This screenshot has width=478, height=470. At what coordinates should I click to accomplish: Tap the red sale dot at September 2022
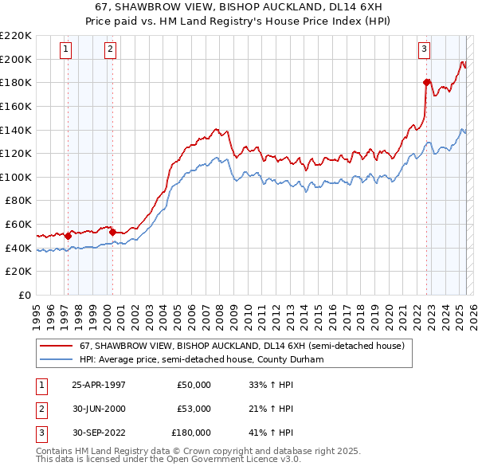(x=427, y=82)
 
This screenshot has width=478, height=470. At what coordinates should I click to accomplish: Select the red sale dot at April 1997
(x=69, y=236)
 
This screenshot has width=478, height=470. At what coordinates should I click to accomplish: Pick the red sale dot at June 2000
(x=113, y=232)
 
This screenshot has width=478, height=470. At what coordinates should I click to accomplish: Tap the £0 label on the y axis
(x=25, y=296)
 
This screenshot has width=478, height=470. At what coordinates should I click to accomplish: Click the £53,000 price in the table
(x=191, y=409)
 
